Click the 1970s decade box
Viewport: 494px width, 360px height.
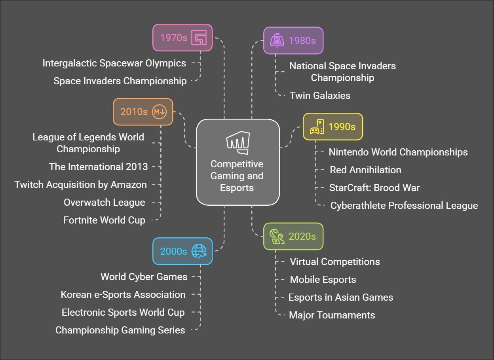pos(182,38)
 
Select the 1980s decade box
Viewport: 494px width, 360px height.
pos(293,40)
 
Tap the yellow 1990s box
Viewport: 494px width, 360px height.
pos(333,127)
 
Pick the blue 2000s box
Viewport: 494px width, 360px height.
pos(182,251)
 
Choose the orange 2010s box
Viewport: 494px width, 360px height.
pos(143,112)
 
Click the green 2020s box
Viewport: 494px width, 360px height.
pos(293,236)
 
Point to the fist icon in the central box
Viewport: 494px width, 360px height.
pos(237,143)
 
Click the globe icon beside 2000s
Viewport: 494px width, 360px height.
pos(199,251)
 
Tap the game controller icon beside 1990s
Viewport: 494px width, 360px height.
pos(317,127)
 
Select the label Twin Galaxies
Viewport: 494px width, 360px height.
pos(320,95)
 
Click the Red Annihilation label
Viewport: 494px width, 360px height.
pos(365,170)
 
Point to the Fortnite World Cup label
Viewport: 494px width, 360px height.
pos(104,220)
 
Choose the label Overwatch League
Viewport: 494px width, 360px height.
pos(104,202)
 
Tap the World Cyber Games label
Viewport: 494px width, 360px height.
pos(144,277)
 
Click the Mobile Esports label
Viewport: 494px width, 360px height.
pos(323,279)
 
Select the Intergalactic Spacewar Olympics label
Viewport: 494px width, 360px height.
pos(114,63)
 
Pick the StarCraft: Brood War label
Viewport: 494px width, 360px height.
pos(374,188)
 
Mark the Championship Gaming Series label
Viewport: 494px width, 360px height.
pos(120,330)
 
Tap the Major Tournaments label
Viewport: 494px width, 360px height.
pos(332,315)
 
